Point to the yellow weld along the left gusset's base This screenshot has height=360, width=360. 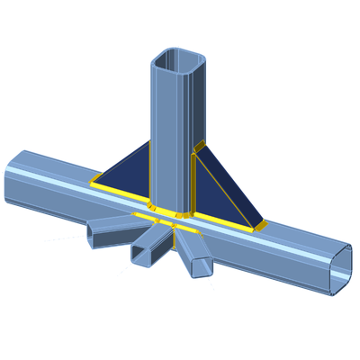tap(121, 193)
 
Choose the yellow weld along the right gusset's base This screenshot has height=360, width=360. tap(225, 220)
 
